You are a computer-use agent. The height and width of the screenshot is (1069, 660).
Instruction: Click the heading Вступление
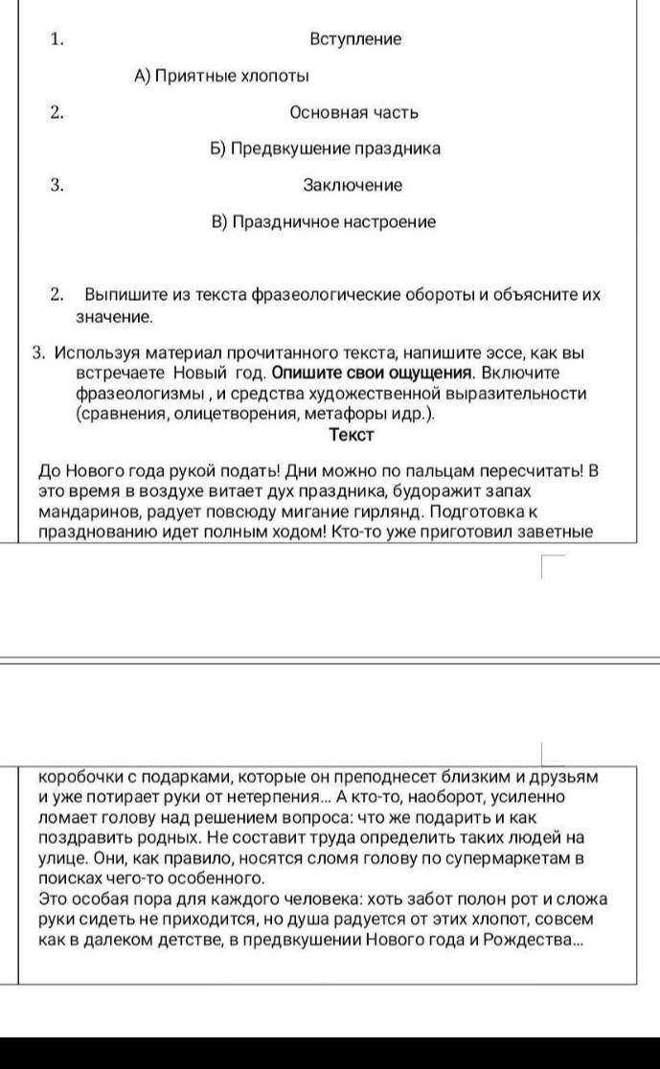point(355,39)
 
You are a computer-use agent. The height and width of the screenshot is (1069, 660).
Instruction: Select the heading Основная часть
point(353,112)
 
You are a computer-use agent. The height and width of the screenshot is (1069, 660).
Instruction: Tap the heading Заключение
point(353,185)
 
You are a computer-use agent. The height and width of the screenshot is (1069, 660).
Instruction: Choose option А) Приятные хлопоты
point(221,76)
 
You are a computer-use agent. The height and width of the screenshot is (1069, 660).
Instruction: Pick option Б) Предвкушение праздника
point(325,148)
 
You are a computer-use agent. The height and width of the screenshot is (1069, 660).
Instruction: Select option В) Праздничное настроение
point(324,222)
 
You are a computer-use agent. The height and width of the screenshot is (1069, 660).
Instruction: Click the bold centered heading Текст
point(351,434)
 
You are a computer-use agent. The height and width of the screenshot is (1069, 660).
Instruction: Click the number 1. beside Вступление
point(57,39)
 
